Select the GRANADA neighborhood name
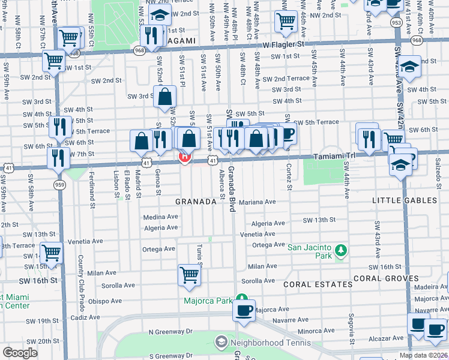(x=196, y=202)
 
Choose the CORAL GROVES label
(x=385, y=278)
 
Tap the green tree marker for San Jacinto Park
(x=340, y=249)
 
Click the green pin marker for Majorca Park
(x=241, y=298)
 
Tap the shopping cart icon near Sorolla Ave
(x=188, y=275)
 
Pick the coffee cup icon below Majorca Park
(x=244, y=310)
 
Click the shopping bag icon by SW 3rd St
(x=164, y=97)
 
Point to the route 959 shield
(x=59, y=184)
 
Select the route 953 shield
(x=396, y=22)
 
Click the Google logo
(x=20, y=353)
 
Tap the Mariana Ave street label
(x=257, y=202)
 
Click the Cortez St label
(x=289, y=176)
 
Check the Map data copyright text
(x=423, y=355)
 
